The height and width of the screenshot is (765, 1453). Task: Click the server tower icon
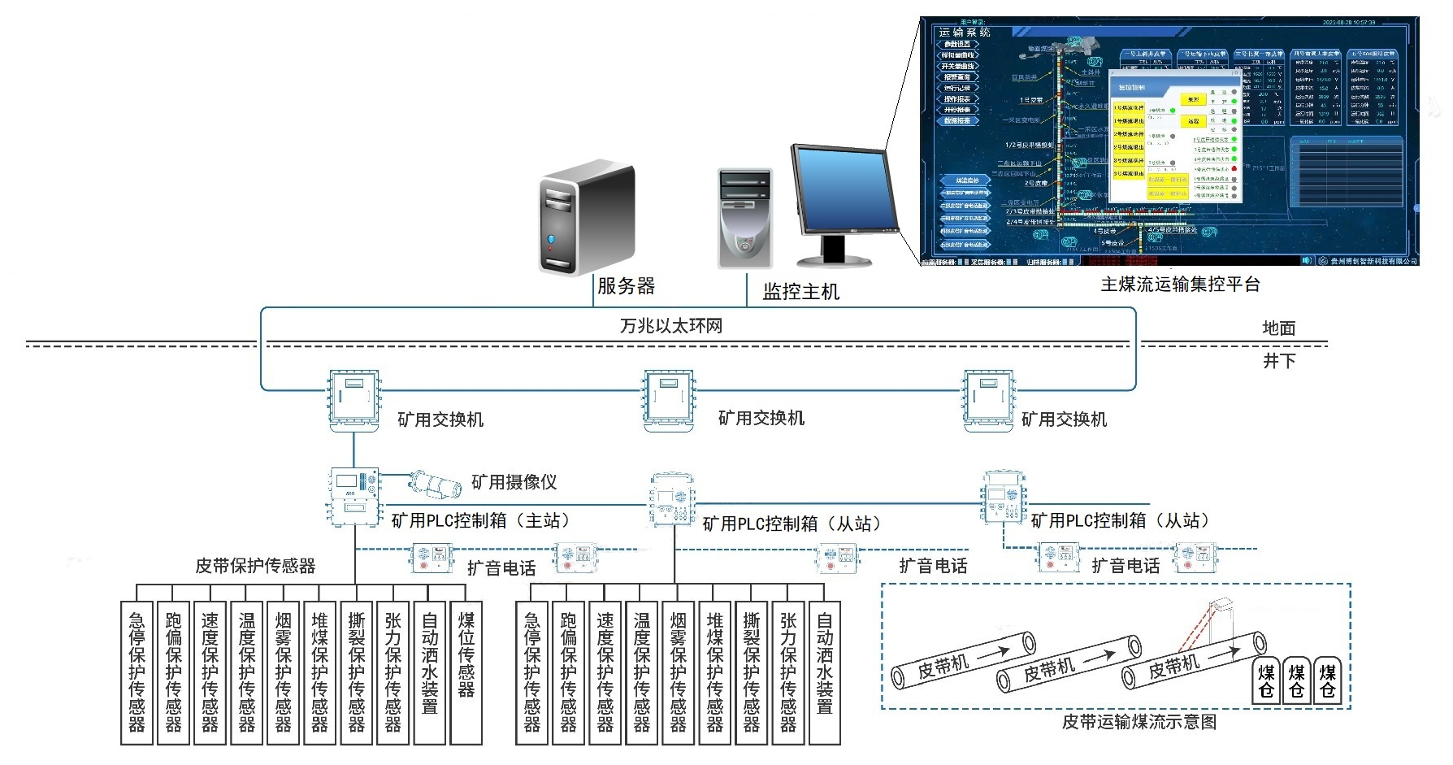pos(587,217)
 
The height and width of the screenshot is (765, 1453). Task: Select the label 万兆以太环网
pos(670,326)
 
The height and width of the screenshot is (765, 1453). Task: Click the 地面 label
pos(1278,328)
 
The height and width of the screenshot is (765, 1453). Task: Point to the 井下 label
pos(1278,361)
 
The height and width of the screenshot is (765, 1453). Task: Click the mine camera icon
pos(435,483)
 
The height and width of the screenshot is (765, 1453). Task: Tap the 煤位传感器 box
pos(466,672)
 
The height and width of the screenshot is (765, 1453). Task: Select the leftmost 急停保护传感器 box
pos(137,672)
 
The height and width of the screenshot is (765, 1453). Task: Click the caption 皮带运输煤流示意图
pos(1139,722)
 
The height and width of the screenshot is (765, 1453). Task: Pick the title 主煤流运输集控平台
pos(1180,285)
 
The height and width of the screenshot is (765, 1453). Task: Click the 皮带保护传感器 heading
pos(255,566)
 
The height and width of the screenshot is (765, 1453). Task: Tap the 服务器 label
pos(626,286)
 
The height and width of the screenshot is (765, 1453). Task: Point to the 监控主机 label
pos(800,292)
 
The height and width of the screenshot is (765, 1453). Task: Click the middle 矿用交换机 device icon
pos(669,400)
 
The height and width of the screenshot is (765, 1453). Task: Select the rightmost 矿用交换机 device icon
pos(988,401)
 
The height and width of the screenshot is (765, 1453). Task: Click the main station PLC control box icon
pos(354,496)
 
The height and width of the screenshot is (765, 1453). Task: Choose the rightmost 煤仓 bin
pos(1327,680)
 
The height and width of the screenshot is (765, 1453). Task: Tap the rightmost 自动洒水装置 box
pos(824,672)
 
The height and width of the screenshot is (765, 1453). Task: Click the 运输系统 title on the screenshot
pos(965,33)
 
